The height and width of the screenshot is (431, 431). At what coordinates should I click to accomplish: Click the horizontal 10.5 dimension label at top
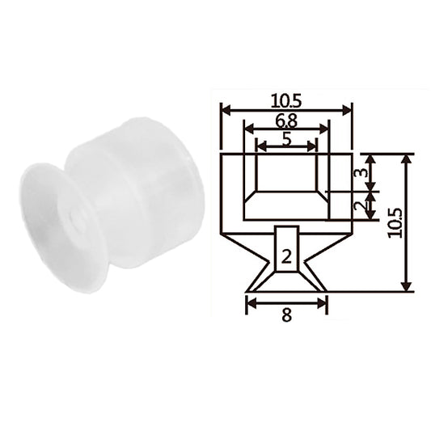click(x=286, y=101)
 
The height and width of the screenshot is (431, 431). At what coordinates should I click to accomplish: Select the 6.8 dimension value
click(x=286, y=121)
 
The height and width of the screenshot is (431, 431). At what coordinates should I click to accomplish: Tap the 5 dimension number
click(x=286, y=140)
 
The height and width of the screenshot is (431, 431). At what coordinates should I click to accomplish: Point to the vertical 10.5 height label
click(x=395, y=223)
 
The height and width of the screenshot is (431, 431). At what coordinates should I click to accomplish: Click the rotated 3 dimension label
click(x=363, y=172)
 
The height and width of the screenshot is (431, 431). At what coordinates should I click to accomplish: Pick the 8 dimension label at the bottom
click(x=286, y=315)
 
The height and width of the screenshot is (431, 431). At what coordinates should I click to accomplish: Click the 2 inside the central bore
click(x=286, y=257)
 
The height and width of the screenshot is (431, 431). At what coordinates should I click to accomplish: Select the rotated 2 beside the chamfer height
click(x=361, y=205)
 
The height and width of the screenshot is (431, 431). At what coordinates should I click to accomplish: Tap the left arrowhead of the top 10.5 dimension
click(x=226, y=111)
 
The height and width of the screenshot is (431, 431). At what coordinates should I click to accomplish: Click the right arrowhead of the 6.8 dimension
click(x=323, y=129)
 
